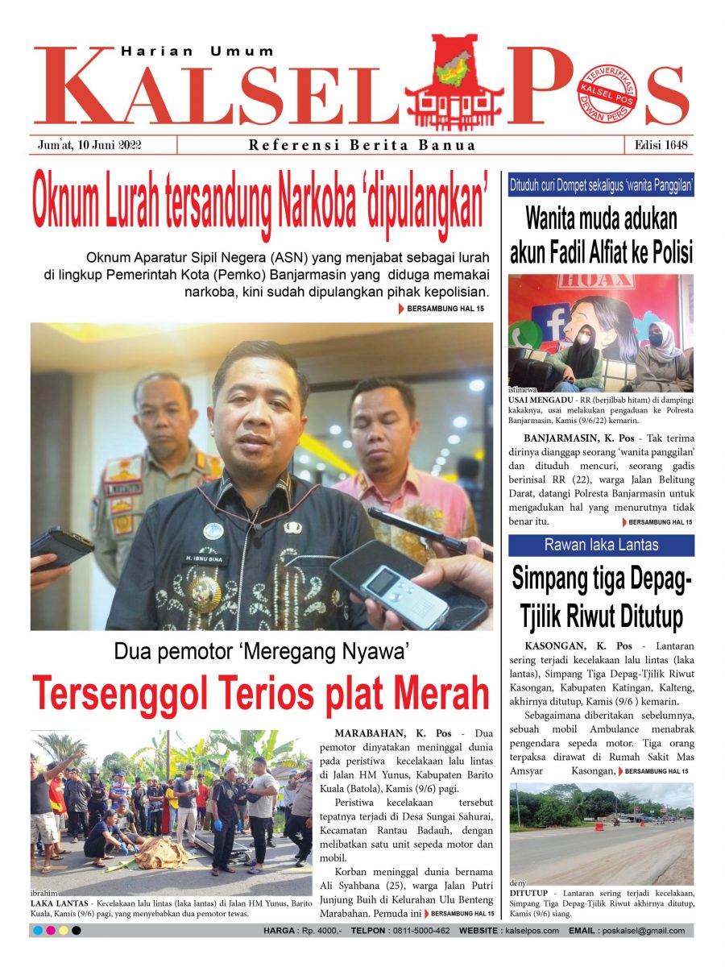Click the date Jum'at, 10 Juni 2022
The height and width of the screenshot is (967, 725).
click(x=89, y=145)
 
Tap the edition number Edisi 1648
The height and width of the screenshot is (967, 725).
click(x=660, y=145)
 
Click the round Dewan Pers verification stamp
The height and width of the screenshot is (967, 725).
click(x=607, y=92)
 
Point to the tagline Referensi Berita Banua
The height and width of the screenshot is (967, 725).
click(x=362, y=146)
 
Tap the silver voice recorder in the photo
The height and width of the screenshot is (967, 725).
click(x=400, y=592)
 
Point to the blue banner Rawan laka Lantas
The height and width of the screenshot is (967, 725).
click(x=601, y=545)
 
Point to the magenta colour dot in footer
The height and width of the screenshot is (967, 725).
click(x=51, y=931)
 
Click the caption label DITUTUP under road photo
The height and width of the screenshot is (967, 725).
click(x=528, y=894)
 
